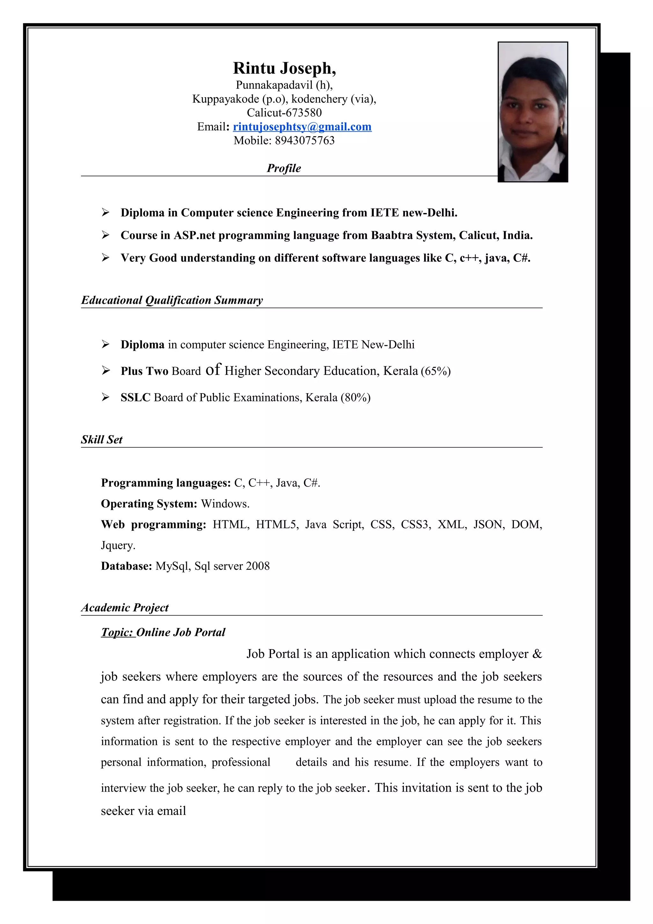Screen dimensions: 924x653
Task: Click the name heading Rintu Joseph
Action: (x=284, y=69)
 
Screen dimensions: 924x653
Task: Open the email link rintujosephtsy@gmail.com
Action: (x=302, y=127)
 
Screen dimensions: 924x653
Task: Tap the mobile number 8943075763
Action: (x=304, y=141)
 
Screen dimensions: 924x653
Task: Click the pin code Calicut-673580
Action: (x=284, y=113)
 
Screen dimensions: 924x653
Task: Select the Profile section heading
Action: (x=284, y=168)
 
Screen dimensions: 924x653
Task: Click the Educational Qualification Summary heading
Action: (x=172, y=300)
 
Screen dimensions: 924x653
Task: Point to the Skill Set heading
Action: (x=101, y=439)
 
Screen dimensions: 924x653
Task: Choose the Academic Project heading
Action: (x=125, y=608)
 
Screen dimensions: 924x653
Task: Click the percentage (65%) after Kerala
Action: (x=436, y=371)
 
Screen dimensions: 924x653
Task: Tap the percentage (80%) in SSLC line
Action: (x=355, y=398)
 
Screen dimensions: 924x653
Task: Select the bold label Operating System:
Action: (x=149, y=504)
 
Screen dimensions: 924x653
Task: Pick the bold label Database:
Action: (x=126, y=566)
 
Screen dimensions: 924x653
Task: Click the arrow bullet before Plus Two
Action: (x=106, y=370)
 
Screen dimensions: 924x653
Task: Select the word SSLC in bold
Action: (x=135, y=398)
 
